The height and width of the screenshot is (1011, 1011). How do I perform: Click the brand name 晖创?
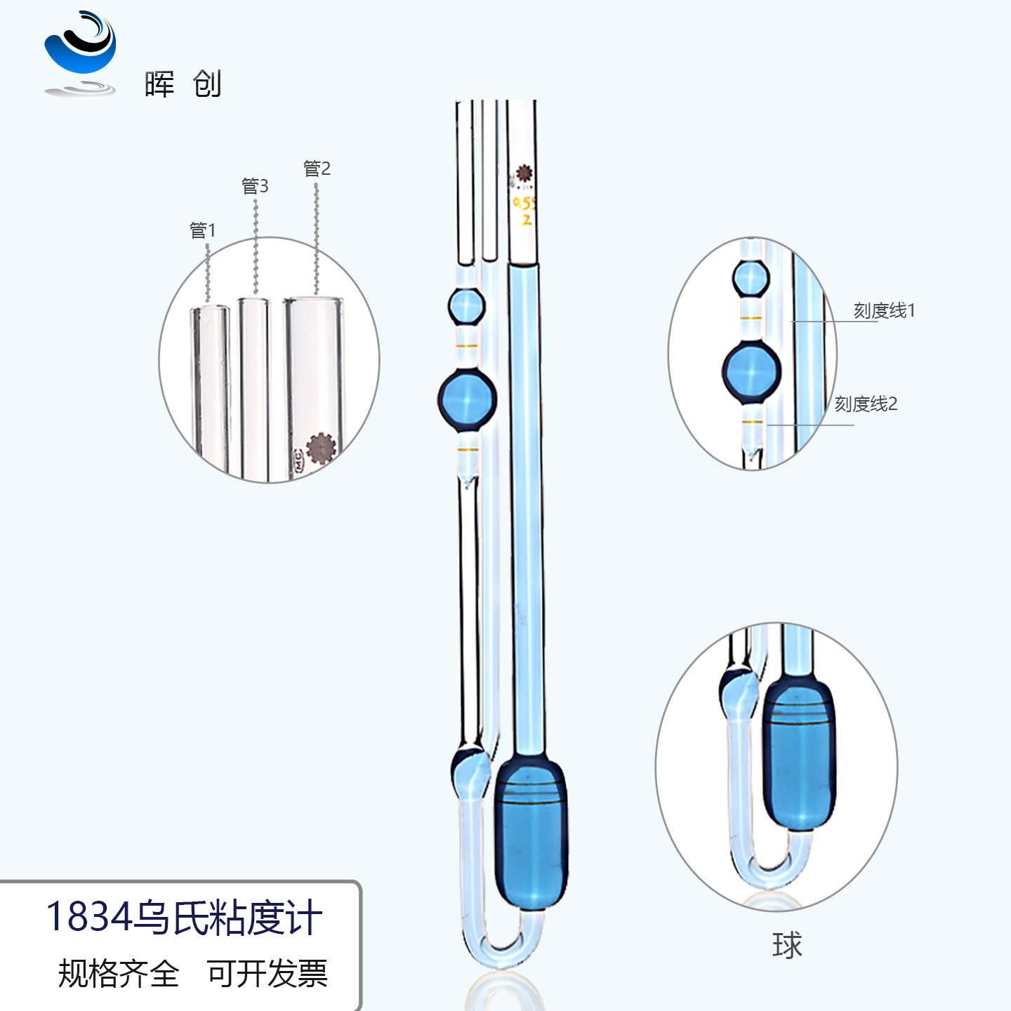[x=183, y=84]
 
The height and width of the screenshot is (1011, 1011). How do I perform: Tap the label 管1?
[x=202, y=230]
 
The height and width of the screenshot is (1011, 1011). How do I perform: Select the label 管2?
[x=317, y=169]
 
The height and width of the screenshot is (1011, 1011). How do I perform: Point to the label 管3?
[x=255, y=186]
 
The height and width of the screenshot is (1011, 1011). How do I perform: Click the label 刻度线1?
[x=884, y=310]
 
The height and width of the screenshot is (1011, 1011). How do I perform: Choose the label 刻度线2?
[x=866, y=404]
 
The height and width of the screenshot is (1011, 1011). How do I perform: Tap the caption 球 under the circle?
[x=786, y=945]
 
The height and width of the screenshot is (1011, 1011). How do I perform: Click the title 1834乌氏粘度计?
[x=184, y=917]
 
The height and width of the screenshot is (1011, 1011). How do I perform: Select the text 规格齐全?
[x=118, y=974]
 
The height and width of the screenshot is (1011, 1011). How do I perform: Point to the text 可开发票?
[x=267, y=974]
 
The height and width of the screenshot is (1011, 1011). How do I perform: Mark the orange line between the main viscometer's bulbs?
[x=467, y=346]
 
